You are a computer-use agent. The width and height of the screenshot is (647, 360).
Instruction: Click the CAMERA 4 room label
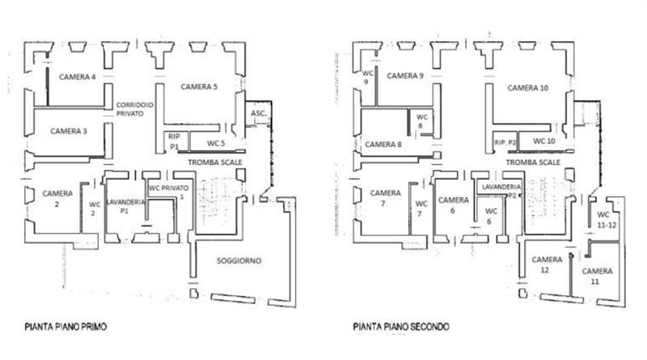point(77,76)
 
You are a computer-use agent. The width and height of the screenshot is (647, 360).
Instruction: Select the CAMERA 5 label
point(199,87)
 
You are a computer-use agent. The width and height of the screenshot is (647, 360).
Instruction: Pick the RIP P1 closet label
point(173,142)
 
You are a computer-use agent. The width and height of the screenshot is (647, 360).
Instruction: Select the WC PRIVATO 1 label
point(168,192)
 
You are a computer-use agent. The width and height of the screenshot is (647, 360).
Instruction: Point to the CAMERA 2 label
point(57,198)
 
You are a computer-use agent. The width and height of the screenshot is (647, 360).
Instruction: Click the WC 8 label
point(421,121)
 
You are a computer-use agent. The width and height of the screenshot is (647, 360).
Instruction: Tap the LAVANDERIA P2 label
point(500,191)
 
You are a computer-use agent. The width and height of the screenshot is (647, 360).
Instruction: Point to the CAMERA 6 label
point(454,205)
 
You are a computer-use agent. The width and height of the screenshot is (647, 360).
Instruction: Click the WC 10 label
point(543,141)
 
